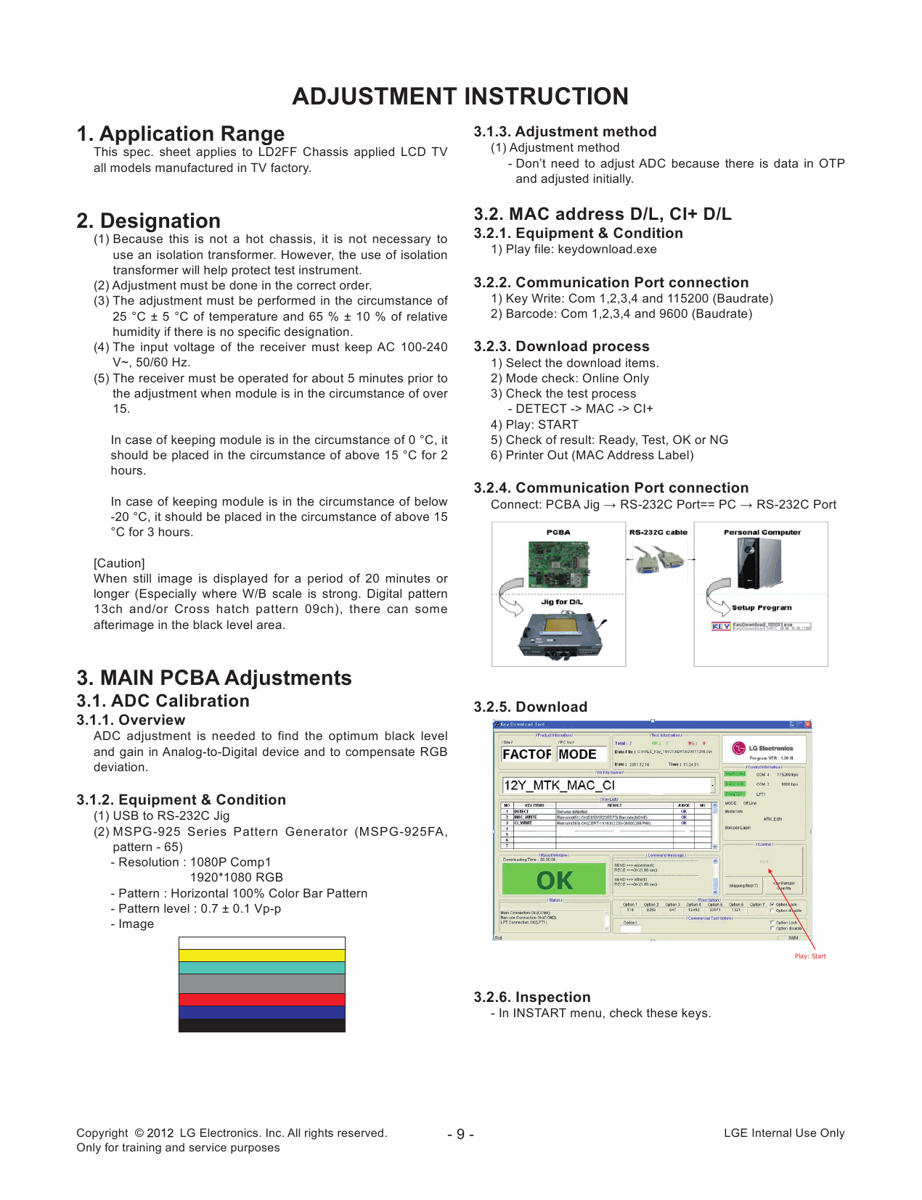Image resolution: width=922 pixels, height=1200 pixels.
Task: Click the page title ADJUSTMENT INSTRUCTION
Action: pyautogui.click(x=460, y=96)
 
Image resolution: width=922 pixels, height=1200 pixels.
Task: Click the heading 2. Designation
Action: pyautogui.click(x=149, y=221)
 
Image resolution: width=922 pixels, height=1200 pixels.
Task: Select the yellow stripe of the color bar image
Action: pyautogui.click(x=261, y=956)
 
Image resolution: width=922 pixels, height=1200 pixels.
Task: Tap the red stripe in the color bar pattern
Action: pyautogui.click(x=261, y=1000)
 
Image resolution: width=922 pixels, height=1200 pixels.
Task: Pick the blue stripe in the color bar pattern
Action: pyautogui.click(x=261, y=1012)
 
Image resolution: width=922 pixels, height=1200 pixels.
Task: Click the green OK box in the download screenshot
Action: pyautogui.click(x=554, y=880)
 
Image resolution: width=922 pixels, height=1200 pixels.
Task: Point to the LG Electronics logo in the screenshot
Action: pyautogui.click(x=739, y=748)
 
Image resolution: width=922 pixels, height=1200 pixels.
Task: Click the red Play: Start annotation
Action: pyautogui.click(x=810, y=956)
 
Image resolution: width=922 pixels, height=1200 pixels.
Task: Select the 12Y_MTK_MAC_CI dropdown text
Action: pyautogui.click(x=559, y=785)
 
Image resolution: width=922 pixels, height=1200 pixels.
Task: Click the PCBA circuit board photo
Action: pyautogui.click(x=558, y=564)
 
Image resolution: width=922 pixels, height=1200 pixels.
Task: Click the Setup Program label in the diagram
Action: pyautogui.click(x=762, y=608)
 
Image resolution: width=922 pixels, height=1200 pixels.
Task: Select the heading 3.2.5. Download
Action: pyautogui.click(x=531, y=707)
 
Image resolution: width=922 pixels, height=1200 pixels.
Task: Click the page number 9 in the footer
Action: pyautogui.click(x=460, y=1134)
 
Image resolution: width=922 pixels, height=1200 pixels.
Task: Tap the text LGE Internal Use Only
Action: pyautogui.click(x=784, y=1133)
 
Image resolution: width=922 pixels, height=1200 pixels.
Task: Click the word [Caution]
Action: pyautogui.click(x=119, y=563)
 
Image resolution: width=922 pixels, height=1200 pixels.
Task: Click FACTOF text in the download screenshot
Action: pyautogui.click(x=526, y=755)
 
